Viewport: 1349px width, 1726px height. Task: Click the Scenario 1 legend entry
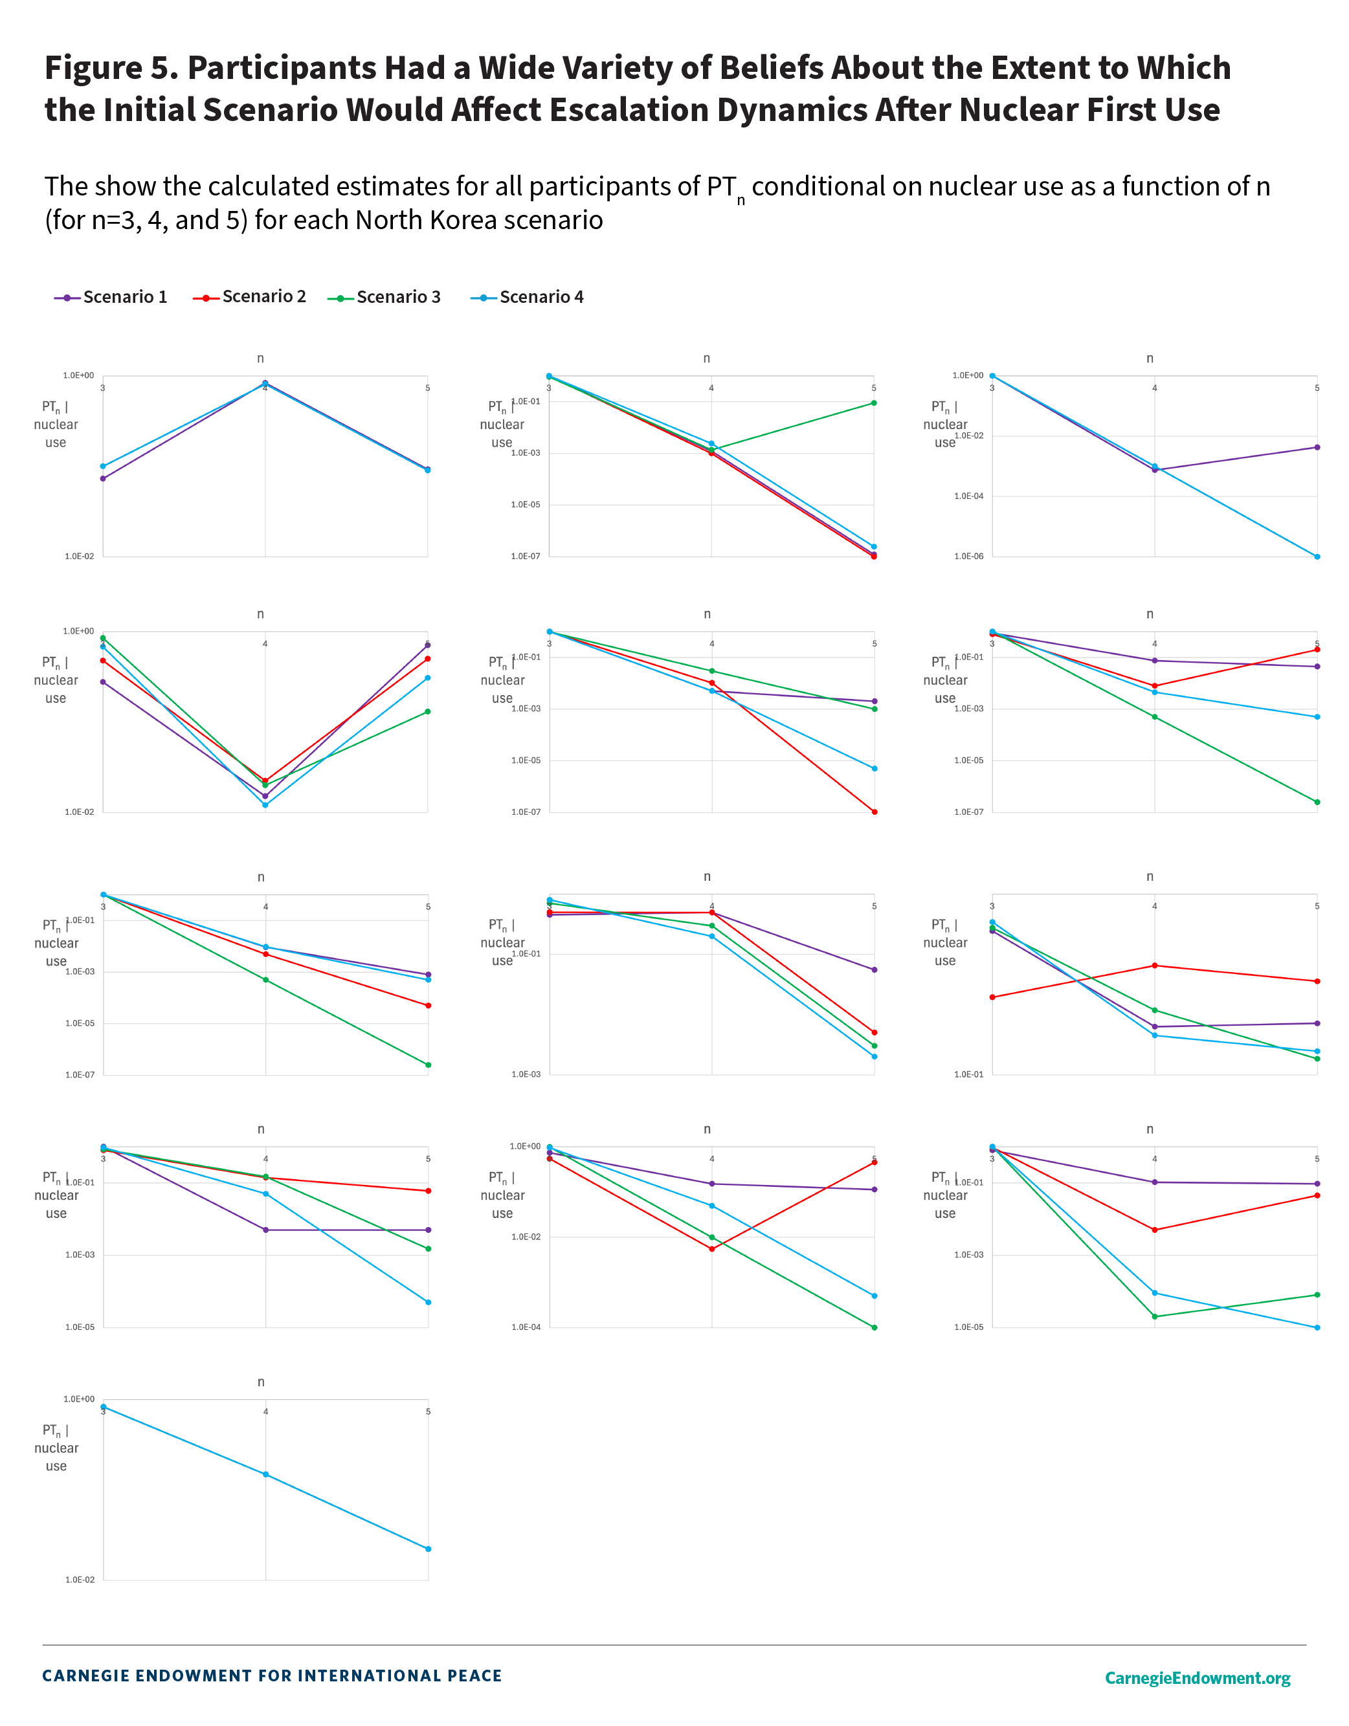111,297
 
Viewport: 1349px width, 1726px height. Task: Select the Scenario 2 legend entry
250,297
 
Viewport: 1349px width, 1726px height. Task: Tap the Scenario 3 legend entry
385,297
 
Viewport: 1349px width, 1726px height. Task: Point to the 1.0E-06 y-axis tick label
968,557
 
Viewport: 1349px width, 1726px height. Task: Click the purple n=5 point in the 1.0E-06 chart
1317,447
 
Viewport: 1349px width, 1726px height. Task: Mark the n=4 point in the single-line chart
265,1475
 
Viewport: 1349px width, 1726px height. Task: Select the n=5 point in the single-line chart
429,1549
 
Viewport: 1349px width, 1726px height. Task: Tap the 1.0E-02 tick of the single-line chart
79,1580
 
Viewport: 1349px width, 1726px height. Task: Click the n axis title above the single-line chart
261,1382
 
